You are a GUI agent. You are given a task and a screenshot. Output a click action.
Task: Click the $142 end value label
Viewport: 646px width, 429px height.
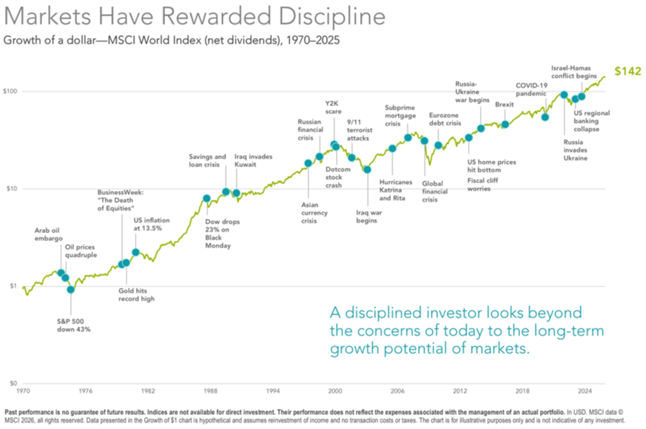628,71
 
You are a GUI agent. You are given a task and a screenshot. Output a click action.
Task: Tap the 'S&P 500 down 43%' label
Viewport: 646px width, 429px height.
74,324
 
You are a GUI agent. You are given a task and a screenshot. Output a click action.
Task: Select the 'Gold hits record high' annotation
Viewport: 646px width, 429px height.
136,295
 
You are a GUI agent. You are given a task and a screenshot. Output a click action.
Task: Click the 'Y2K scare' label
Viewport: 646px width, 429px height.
332,107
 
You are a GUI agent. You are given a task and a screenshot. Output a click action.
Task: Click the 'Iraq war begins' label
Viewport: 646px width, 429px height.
367,216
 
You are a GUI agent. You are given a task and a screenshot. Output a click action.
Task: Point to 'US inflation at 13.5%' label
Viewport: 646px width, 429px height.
152,223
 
